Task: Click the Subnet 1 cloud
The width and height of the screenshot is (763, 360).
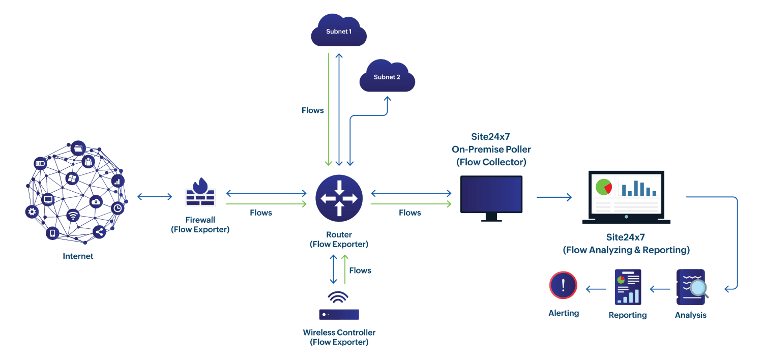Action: tap(339, 31)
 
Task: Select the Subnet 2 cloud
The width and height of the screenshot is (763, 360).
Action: tap(387, 77)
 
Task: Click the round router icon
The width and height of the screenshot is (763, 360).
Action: tap(339, 198)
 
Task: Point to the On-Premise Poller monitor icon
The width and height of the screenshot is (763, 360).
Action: tap(491, 195)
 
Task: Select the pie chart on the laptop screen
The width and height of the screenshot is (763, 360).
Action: tap(604, 187)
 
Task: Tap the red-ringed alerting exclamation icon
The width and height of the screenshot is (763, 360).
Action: tap(563, 285)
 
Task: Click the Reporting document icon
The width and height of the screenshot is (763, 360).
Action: tap(628, 287)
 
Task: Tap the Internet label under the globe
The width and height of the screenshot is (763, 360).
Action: tap(78, 256)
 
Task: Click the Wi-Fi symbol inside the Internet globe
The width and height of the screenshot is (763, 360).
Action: tap(74, 216)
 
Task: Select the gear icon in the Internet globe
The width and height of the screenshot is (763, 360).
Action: tap(32, 212)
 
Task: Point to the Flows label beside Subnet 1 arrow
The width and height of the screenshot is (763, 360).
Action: tap(312, 110)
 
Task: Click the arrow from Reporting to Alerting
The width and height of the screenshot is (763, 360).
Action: tap(596, 289)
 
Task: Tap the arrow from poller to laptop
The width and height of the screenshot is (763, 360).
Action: tap(554, 197)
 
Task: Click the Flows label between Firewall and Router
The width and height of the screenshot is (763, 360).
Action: tap(261, 213)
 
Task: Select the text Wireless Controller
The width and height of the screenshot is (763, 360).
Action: tap(339, 333)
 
